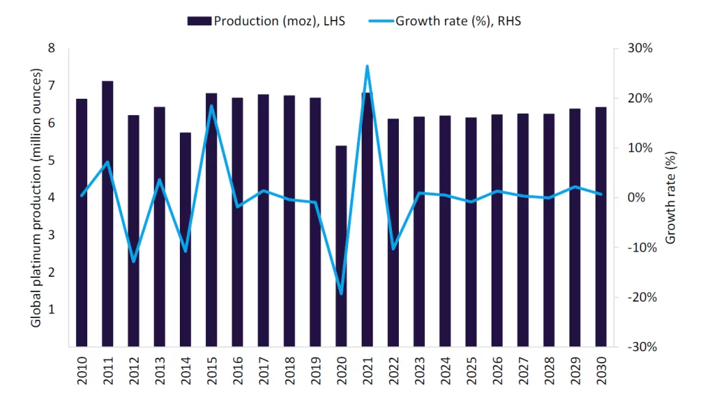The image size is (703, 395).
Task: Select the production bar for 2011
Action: tap(108, 213)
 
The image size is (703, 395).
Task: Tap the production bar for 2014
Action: tap(185, 239)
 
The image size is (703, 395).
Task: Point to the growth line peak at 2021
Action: tap(367, 66)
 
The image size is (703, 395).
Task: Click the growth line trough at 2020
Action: tap(341, 294)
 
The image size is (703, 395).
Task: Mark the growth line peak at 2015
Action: tap(211, 106)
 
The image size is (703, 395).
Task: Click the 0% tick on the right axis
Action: tap(637, 197)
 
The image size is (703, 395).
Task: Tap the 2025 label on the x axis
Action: tap(471, 369)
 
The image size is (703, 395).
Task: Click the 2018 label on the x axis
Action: tap(290, 369)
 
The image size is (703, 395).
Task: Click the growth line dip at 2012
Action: tap(134, 261)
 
